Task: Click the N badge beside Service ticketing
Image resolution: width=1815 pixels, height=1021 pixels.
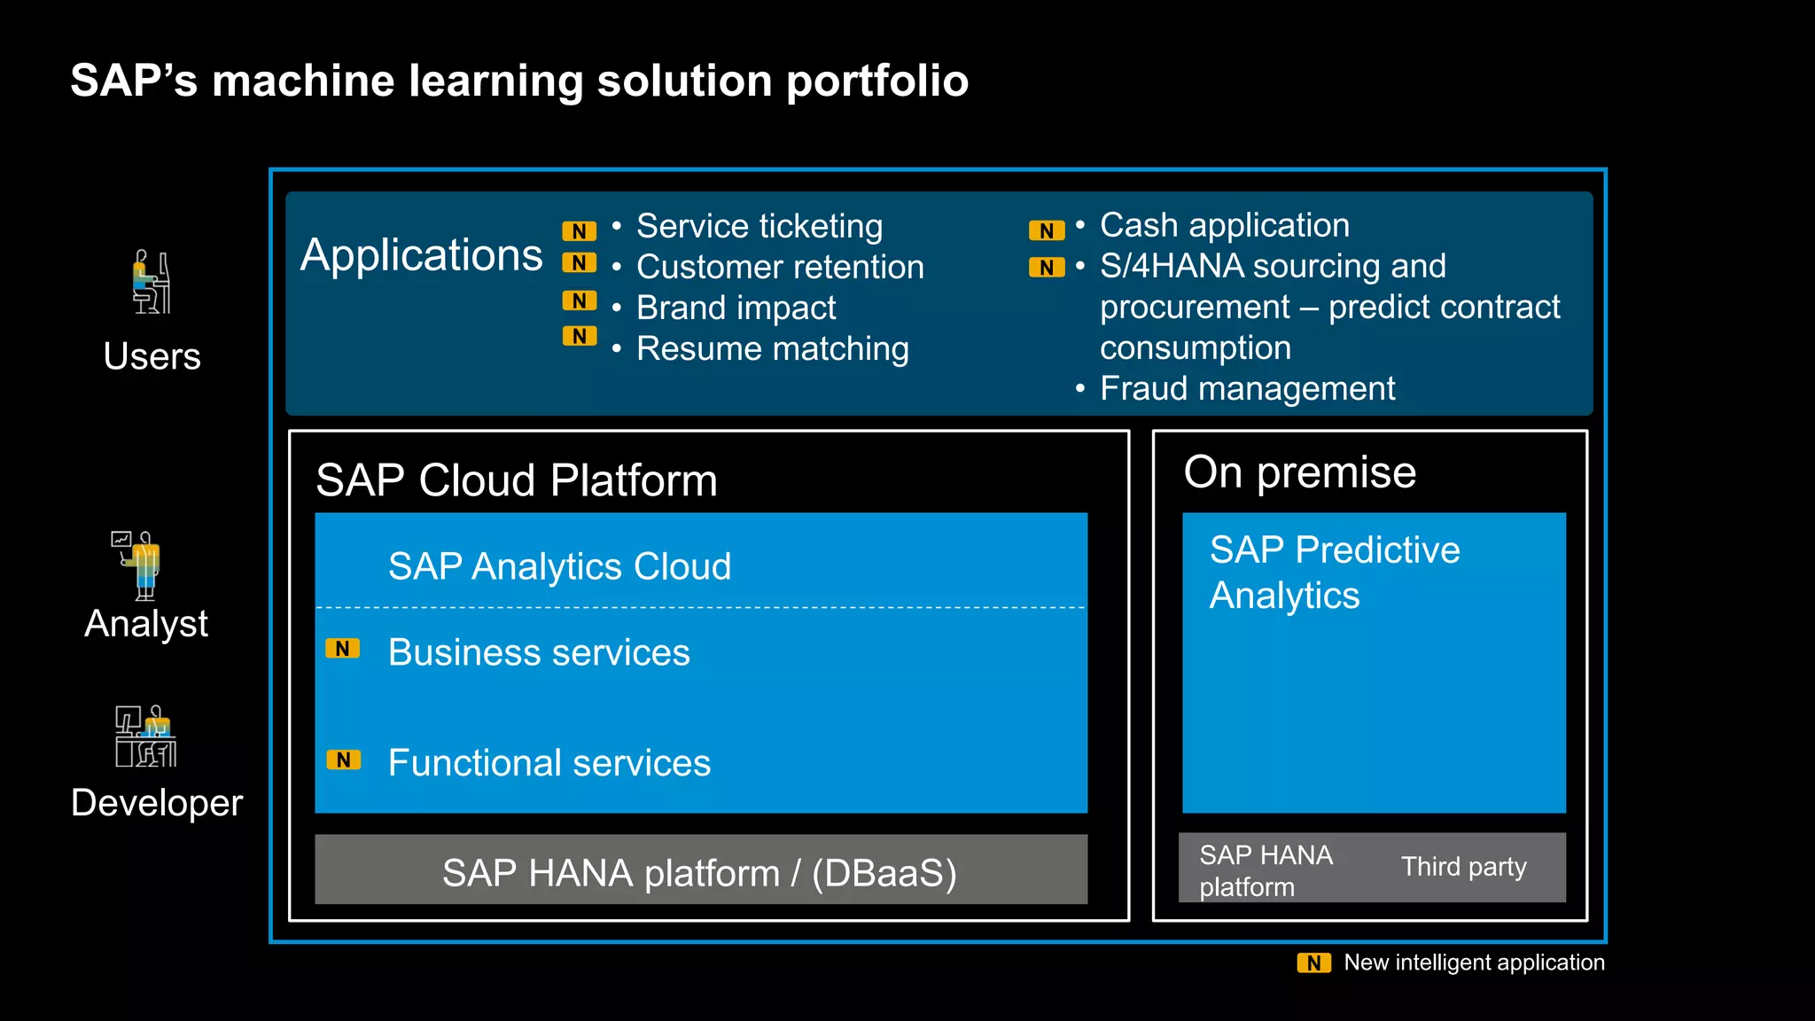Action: (x=579, y=231)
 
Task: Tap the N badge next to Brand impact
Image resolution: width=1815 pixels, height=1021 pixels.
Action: (x=579, y=301)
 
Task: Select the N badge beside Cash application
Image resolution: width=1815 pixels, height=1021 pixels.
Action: (x=1046, y=231)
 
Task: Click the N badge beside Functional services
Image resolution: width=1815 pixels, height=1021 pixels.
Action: (x=343, y=760)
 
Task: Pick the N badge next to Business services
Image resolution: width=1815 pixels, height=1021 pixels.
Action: (x=342, y=649)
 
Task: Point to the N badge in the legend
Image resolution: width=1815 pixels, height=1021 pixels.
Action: (x=1313, y=963)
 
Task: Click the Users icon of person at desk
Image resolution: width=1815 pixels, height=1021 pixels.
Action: (x=152, y=282)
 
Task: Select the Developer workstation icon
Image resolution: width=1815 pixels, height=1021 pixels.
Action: (x=145, y=737)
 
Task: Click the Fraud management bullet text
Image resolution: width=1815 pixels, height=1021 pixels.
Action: (x=1247, y=389)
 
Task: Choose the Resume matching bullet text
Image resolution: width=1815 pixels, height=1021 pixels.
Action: (x=772, y=349)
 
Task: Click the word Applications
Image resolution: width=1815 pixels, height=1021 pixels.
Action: (x=421, y=255)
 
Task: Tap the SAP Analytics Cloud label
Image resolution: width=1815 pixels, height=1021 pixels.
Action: (x=559, y=567)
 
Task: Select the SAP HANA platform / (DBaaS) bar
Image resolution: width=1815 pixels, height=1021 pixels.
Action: (x=700, y=870)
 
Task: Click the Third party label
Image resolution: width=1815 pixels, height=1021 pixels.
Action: (x=1463, y=867)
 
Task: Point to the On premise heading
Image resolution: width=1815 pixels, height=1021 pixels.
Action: (x=1299, y=472)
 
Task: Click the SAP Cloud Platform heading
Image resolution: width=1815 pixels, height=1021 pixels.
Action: (x=516, y=481)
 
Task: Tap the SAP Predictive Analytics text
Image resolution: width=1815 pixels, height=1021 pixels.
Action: (x=1334, y=573)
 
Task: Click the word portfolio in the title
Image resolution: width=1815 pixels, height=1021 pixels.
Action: (x=876, y=82)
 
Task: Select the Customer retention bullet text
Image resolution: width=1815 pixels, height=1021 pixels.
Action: (x=780, y=268)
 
